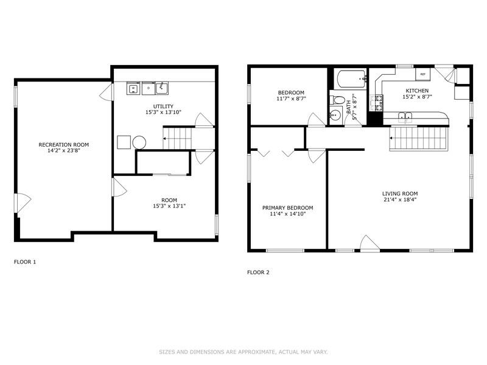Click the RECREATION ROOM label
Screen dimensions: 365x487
tap(63, 145)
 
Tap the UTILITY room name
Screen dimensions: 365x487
tap(163, 106)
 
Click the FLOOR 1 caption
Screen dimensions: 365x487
tap(25, 262)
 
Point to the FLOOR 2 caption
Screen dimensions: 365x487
tap(258, 272)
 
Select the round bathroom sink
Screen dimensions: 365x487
tap(334, 114)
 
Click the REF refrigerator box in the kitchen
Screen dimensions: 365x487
tap(422, 74)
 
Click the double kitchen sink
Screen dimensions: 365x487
tap(405, 116)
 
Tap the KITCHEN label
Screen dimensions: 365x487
tap(418, 91)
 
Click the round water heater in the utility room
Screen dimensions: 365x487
tap(139, 142)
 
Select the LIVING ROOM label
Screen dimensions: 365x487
tap(399, 193)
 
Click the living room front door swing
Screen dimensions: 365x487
tap(369, 243)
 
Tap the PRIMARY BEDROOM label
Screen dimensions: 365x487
tap(287, 207)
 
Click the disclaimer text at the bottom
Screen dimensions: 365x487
tap(243, 352)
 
